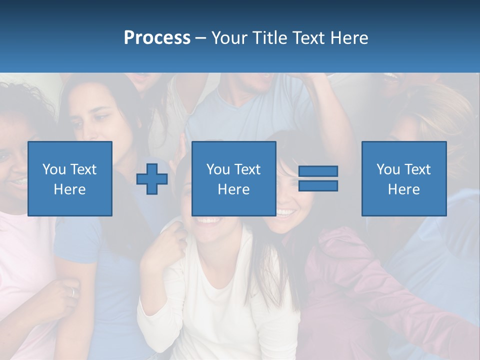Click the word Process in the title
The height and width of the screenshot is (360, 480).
click(157, 38)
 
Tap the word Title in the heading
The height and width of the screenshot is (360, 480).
click(269, 38)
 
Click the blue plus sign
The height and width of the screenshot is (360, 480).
click(152, 178)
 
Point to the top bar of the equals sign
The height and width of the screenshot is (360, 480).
click(318, 171)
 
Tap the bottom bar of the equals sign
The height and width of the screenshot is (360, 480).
click(318, 186)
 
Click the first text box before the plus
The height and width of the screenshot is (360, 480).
click(70, 178)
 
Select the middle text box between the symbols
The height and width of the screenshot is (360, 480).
click(233, 178)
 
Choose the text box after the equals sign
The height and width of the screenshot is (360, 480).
click(404, 178)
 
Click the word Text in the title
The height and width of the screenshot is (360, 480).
click(306, 38)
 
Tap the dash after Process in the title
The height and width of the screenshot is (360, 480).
click(201, 38)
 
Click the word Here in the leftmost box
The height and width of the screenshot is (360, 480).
click(70, 189)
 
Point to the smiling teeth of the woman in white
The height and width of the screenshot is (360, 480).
click(208, 219)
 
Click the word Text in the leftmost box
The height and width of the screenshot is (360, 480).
click(83, 169)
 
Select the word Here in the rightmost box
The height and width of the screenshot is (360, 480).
click(404, 189)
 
